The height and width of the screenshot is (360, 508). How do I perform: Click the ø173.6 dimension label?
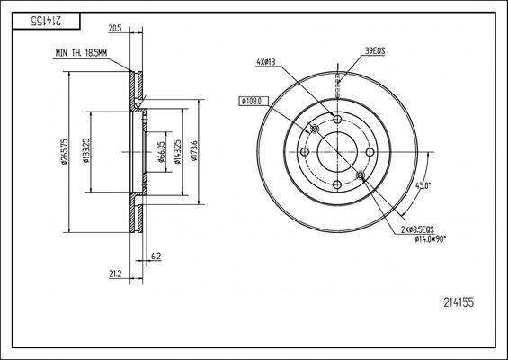click(x=194, y=152)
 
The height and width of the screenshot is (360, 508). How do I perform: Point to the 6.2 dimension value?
click(x=156, y=256)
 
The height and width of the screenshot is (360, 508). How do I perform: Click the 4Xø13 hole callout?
click(x=266, y=62)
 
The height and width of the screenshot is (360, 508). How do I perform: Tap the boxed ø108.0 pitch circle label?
click(x=251, y=100)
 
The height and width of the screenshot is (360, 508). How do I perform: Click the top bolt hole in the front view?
click(x=336, y=121)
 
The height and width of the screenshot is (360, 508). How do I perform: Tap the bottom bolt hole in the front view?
click(x=336, y=184)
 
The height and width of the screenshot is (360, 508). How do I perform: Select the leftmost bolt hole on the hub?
click(x=304, y=152)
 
